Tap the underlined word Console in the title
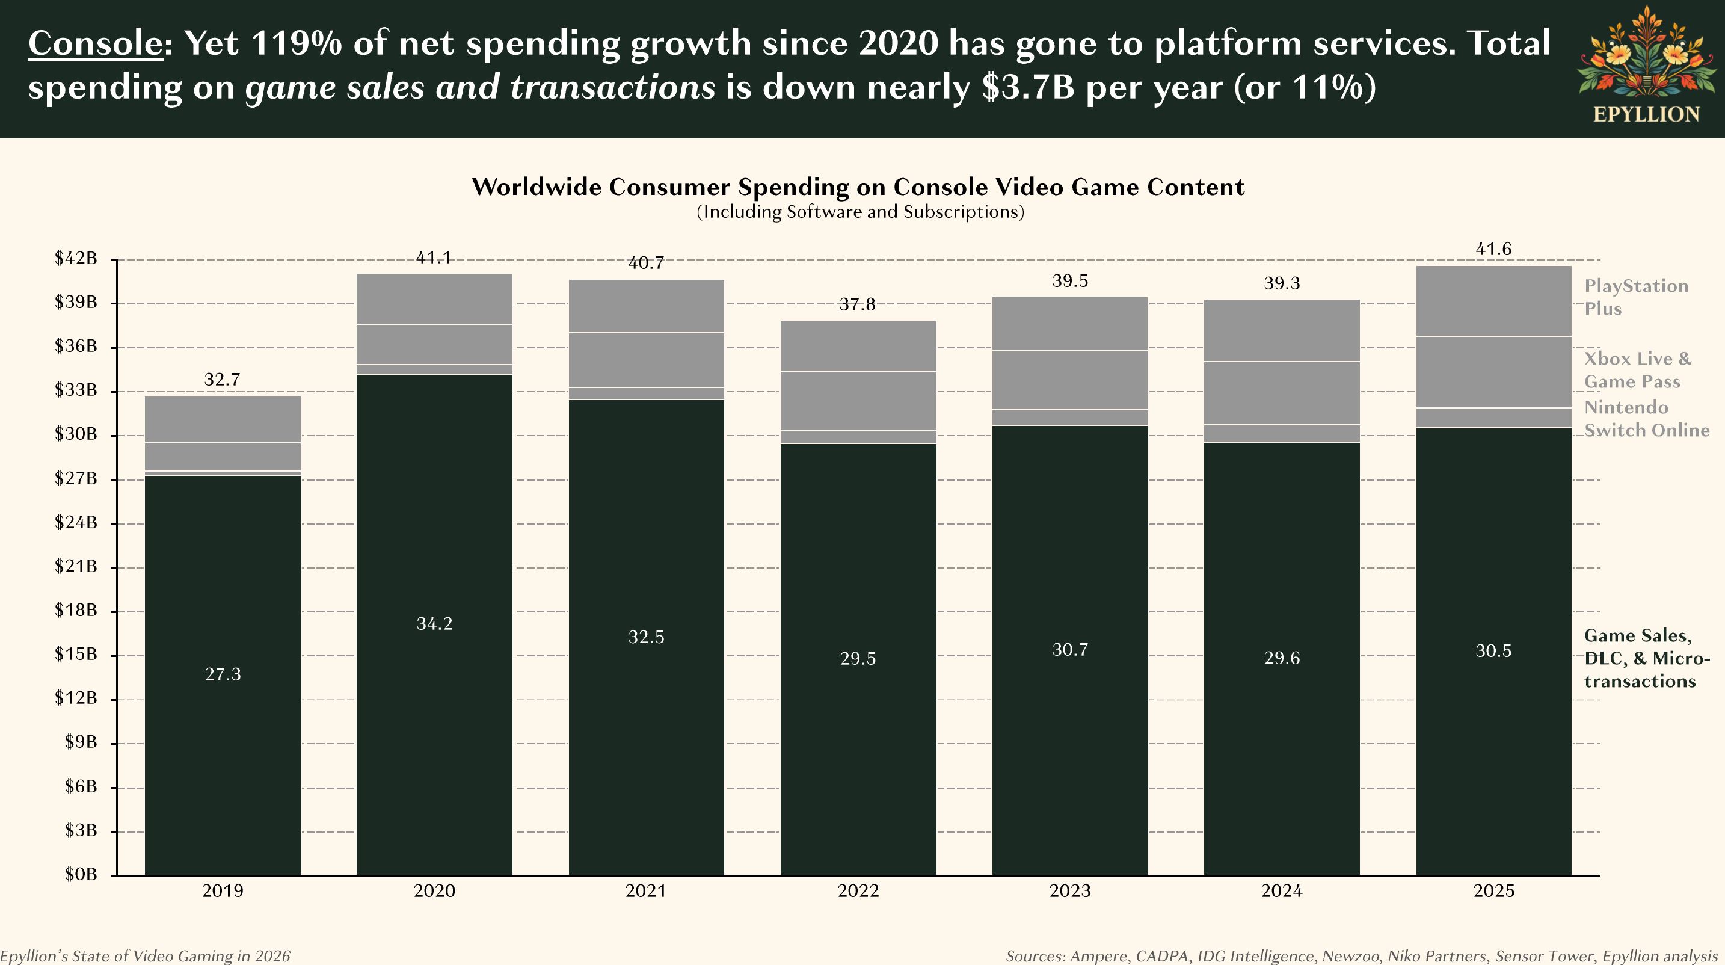tap(94, 43)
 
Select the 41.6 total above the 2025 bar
tap(1493, 249)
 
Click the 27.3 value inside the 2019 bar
tap(223, 674)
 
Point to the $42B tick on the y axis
tap(76, 259)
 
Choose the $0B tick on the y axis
tap(81, 874)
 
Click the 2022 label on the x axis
tap(858, 890)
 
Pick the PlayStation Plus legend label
tap(1635, 297)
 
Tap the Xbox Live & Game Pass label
tap(1637, 369)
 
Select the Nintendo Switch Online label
tap(1646, 419)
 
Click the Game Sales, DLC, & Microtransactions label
tap(1646, 658)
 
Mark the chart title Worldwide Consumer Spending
tap(858, 187)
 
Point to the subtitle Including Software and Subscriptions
tap(860, 212)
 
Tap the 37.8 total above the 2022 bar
tap(857, 304)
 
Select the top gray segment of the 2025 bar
tap(1493, 301)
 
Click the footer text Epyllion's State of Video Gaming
tap(146, 955)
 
